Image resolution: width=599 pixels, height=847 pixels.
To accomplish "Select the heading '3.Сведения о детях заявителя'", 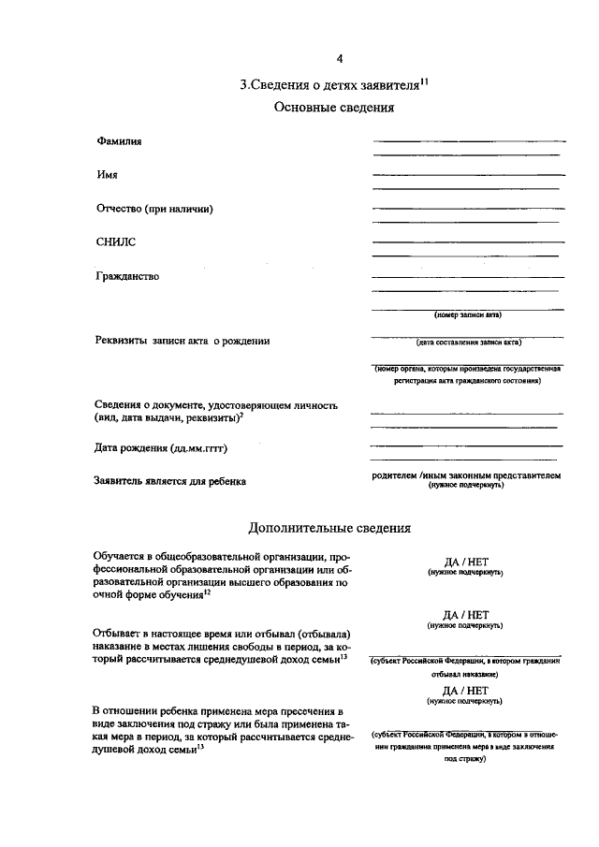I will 327,84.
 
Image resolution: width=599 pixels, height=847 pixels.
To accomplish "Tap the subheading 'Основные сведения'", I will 334,108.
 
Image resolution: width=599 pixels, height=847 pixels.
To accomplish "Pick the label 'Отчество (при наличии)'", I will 154,209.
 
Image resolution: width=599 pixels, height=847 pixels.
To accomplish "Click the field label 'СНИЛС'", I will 115,242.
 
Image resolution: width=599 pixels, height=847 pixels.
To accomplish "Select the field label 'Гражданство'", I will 127,276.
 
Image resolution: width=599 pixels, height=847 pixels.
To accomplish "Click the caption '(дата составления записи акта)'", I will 469,343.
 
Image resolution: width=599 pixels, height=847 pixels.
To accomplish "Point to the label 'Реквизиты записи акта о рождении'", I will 183,341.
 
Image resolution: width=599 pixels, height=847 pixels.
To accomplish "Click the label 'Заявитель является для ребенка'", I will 170,481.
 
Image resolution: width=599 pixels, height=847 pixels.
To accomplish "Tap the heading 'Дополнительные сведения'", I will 329,528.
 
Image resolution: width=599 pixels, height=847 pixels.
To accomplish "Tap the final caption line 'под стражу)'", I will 465,759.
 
